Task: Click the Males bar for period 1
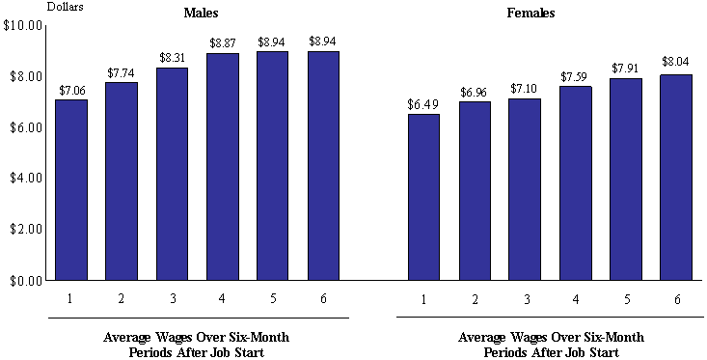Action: coord(71,190)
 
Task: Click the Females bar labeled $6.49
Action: coord(423,198)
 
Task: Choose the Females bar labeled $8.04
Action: coord(674,178)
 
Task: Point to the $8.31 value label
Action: coord(172,58)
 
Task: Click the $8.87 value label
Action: coord(222,43)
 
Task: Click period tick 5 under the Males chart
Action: coord(272,298)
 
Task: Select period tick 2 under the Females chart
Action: coord(474,299)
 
